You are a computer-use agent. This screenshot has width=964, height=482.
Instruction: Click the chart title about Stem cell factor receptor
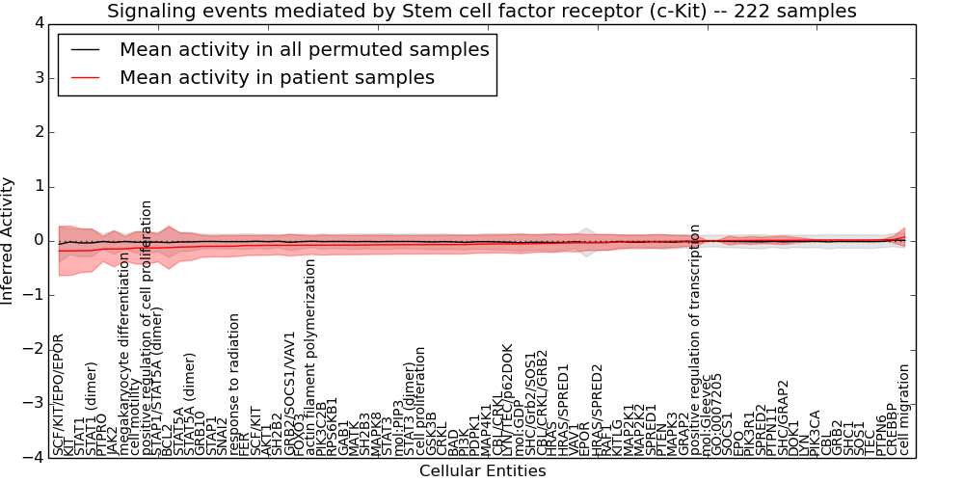[482, 11]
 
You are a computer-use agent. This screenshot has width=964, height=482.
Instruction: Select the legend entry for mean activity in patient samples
[277, 77]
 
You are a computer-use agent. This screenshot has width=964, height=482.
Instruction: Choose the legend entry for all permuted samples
[304, 49]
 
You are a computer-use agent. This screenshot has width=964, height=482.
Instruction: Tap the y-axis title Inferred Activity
[9, 240]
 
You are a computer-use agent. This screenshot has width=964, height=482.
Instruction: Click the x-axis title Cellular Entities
[482, 471]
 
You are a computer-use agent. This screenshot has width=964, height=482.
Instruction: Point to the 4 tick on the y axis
[37, 23]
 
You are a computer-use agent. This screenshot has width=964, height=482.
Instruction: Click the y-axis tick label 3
[37, 77]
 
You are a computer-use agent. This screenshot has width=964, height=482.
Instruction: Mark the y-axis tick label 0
[37, 240]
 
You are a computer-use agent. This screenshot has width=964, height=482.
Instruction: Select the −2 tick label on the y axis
[33, 349]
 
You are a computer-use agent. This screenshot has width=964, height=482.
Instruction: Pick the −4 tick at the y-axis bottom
[33, 458]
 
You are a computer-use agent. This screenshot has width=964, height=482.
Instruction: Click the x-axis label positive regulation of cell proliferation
[147, 328]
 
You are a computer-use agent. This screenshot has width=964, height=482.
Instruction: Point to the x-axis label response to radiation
[234, 386]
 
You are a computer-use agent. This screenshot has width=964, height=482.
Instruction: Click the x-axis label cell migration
[904, 410]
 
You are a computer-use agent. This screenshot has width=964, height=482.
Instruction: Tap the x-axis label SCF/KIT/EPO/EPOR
[58, 395]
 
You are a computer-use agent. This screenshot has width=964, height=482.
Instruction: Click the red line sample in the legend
[84, 77]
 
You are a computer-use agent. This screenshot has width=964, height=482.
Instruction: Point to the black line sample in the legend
[84, 49]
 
